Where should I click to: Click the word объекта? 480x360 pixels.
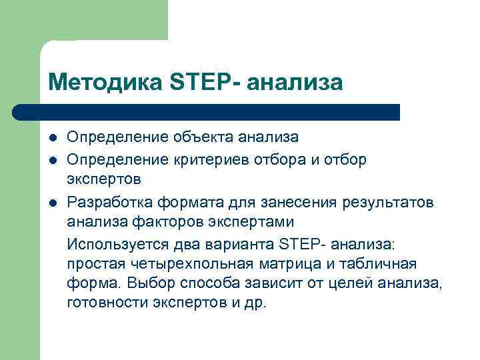[x=198, y=137]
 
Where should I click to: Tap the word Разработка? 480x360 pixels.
[x=109, y=201]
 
